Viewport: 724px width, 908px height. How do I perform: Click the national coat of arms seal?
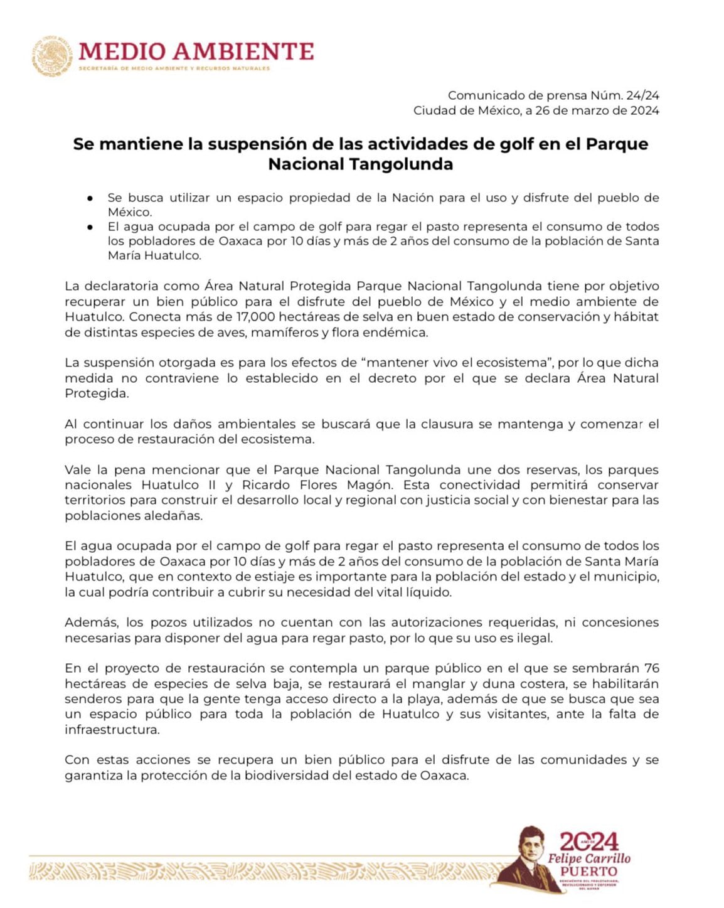(53, 56)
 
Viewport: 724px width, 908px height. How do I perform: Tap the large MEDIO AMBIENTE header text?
(196, 51)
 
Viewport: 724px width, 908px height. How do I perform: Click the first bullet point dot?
(91, 198)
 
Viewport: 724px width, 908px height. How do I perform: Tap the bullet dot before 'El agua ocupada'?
(91, 227)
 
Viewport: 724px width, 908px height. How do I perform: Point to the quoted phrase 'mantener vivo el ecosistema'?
(455, 363)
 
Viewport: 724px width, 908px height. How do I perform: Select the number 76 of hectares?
(651, 668)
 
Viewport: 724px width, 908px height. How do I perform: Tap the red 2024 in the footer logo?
(589, 841)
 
